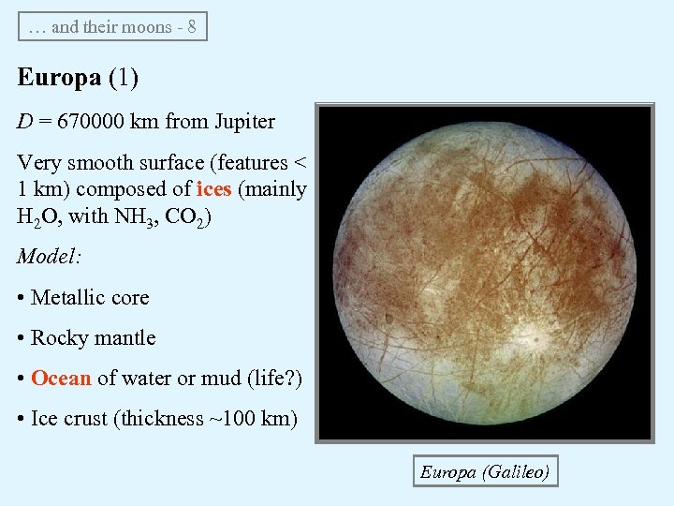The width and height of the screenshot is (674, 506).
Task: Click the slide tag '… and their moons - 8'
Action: [x=112, y=26]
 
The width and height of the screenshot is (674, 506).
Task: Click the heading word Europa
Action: [x=59, y=77]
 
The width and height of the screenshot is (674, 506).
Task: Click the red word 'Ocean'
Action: [x=61, y=378]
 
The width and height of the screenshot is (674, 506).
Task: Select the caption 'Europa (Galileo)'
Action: [x=484, y=471]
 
